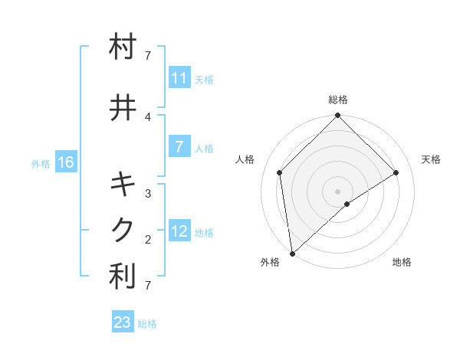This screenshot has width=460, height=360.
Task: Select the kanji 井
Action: coord(123,108)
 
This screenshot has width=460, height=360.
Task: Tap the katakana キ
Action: coord(123,185)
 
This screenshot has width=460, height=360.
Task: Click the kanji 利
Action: coord(123,277)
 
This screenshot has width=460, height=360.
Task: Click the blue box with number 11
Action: coord(179,78)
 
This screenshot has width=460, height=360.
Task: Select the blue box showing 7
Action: coord(179,147)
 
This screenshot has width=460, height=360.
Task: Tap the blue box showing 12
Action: coord(179,231)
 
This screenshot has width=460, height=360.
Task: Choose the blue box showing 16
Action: coord(66,162)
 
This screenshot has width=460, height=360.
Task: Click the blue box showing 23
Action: coord(123,322)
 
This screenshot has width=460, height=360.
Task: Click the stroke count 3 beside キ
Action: coord(148,193)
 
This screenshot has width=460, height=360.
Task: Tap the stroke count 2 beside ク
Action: coord(148,239)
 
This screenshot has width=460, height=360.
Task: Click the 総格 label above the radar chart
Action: coord(338,100)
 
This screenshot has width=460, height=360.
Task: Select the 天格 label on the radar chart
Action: coord(432,159)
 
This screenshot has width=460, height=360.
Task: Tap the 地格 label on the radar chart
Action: coord(402,262)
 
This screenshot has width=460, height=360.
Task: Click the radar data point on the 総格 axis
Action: coord(338,116)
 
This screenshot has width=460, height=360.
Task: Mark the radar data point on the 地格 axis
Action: coord(347,204)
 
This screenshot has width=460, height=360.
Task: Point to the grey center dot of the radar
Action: coord(338,191)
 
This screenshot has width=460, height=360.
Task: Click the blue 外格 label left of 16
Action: coord(41,163)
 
